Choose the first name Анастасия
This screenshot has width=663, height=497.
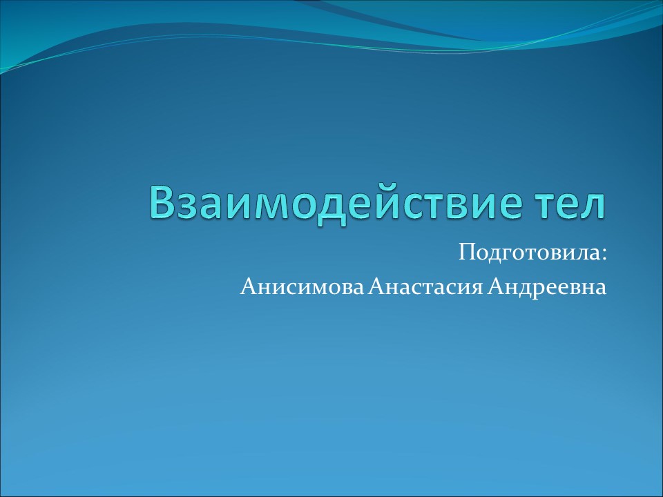click(424, 286)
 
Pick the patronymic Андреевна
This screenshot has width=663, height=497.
click(547, 286)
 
